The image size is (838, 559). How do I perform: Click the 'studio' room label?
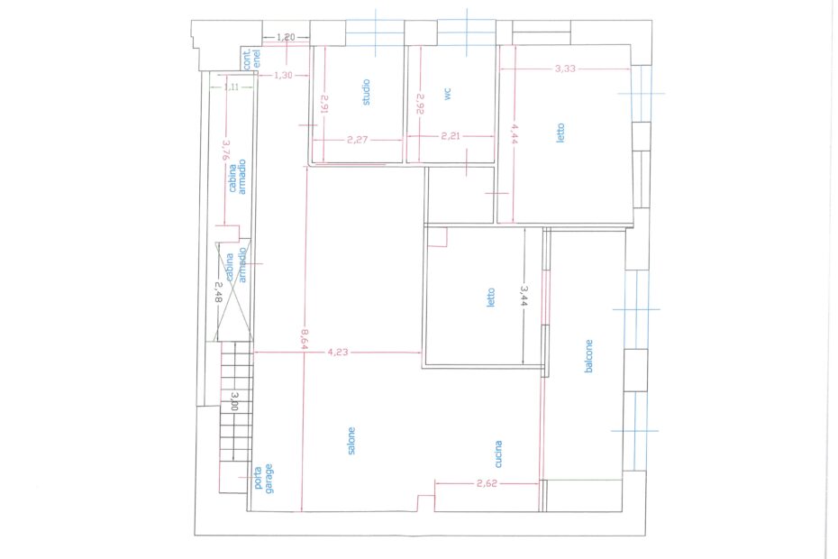[x=366, y=92]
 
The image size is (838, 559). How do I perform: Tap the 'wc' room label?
[x=448, y=94]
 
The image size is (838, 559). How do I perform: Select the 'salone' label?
[x=351, y=441]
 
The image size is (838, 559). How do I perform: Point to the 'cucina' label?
[x=498, y=454]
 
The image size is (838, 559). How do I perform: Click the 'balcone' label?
[x=588, y=356]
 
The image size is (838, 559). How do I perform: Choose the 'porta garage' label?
[x=263, y=478]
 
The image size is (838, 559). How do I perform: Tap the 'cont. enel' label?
[x=251, y=59]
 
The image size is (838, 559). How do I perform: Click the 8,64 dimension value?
[x=304, y=339]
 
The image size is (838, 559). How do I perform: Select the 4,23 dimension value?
[x=338, y=352]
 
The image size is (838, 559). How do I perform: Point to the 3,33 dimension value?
[x=566, y=69]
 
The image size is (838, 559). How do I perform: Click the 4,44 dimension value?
[x=515, y=134]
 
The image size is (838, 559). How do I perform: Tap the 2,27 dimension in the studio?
[x=357, y=140]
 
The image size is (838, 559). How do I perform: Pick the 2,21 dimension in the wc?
[x=451, y=136]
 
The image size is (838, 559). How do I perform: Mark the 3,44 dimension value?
[x=524, y=296]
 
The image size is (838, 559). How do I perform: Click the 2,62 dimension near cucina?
[x=487, y=483]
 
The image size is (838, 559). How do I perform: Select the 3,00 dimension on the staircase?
[x=234, y=400]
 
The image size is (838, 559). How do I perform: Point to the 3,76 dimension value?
[x=225, y=151]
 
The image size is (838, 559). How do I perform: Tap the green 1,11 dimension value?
[x=232, y=87]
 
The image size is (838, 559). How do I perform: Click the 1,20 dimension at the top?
[x=286, y=37]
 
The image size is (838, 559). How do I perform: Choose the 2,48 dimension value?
[x=218, y=293]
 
